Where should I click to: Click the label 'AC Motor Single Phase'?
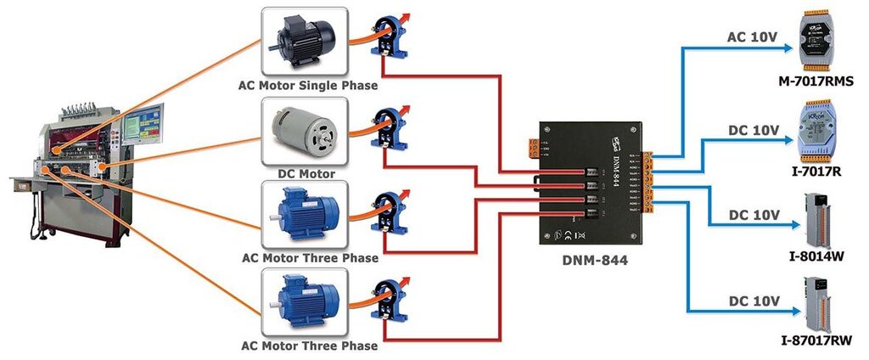click(x=309, y=85)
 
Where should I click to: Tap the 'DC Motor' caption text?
click(x=306, y=173)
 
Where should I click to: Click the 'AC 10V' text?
click(x=753, y=38)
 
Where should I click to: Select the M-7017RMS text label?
click(x=815, y=82)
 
